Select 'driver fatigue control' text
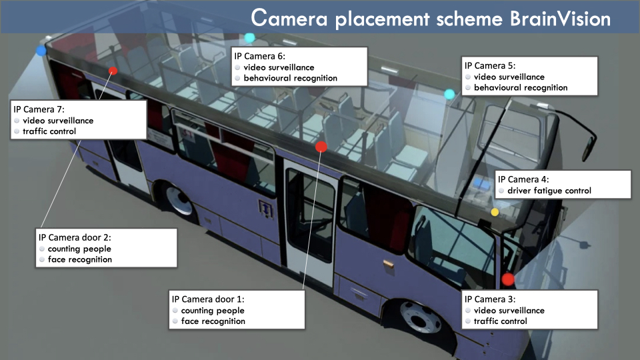click(x=549, y=191)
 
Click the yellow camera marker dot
click(x=495, y=212)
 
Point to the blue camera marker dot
click(x=41, y=51)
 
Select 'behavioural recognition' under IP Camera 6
click(x=290, y=78)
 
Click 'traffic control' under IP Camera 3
click(x=500, y=321)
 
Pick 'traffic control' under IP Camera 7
click(x=49, y=131)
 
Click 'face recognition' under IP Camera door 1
click(x=213, y=321)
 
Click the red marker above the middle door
click(x=321, y=147)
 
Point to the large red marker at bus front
click(x=508, y=279)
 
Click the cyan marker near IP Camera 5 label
click(x=449, y=94)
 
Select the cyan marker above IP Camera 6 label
click(x=249, y=38)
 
